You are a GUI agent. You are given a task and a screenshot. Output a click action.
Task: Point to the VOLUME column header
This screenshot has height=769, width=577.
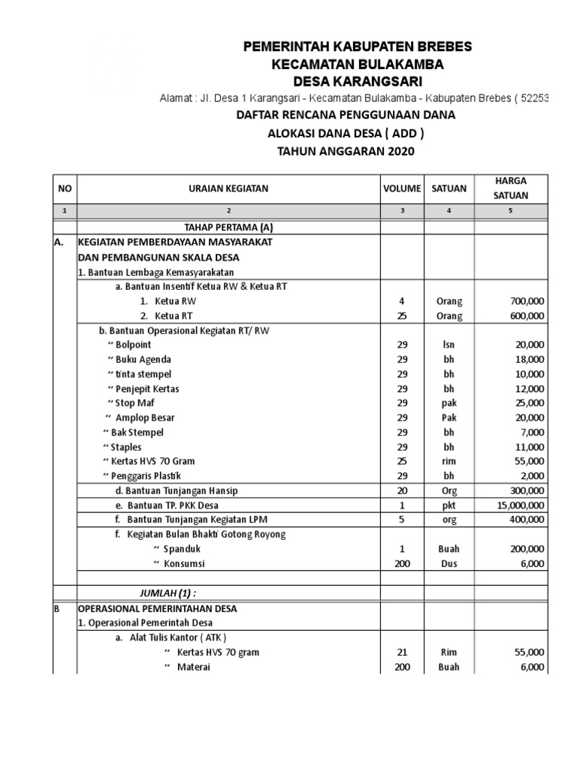tap(402, 188)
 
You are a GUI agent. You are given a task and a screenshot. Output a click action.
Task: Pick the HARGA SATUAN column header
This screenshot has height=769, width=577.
tap(510, 188)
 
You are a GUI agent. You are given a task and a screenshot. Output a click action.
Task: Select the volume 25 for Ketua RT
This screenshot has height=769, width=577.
tap(402, 316)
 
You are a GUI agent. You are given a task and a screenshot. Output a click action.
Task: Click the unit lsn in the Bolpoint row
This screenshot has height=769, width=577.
tap(449, 345)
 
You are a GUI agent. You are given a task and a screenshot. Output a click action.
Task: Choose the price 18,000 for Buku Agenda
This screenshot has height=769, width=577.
tap(528, 360)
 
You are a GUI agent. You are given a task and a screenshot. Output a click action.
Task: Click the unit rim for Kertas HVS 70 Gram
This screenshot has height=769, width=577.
tap(449, 462)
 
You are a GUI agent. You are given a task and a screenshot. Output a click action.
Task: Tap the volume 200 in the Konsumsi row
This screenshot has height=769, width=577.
tap(402, 564)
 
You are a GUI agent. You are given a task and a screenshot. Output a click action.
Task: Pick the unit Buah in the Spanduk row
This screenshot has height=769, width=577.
tap(449, 550)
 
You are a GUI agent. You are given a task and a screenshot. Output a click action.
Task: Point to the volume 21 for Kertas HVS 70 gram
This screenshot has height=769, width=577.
tap(402, 653)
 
